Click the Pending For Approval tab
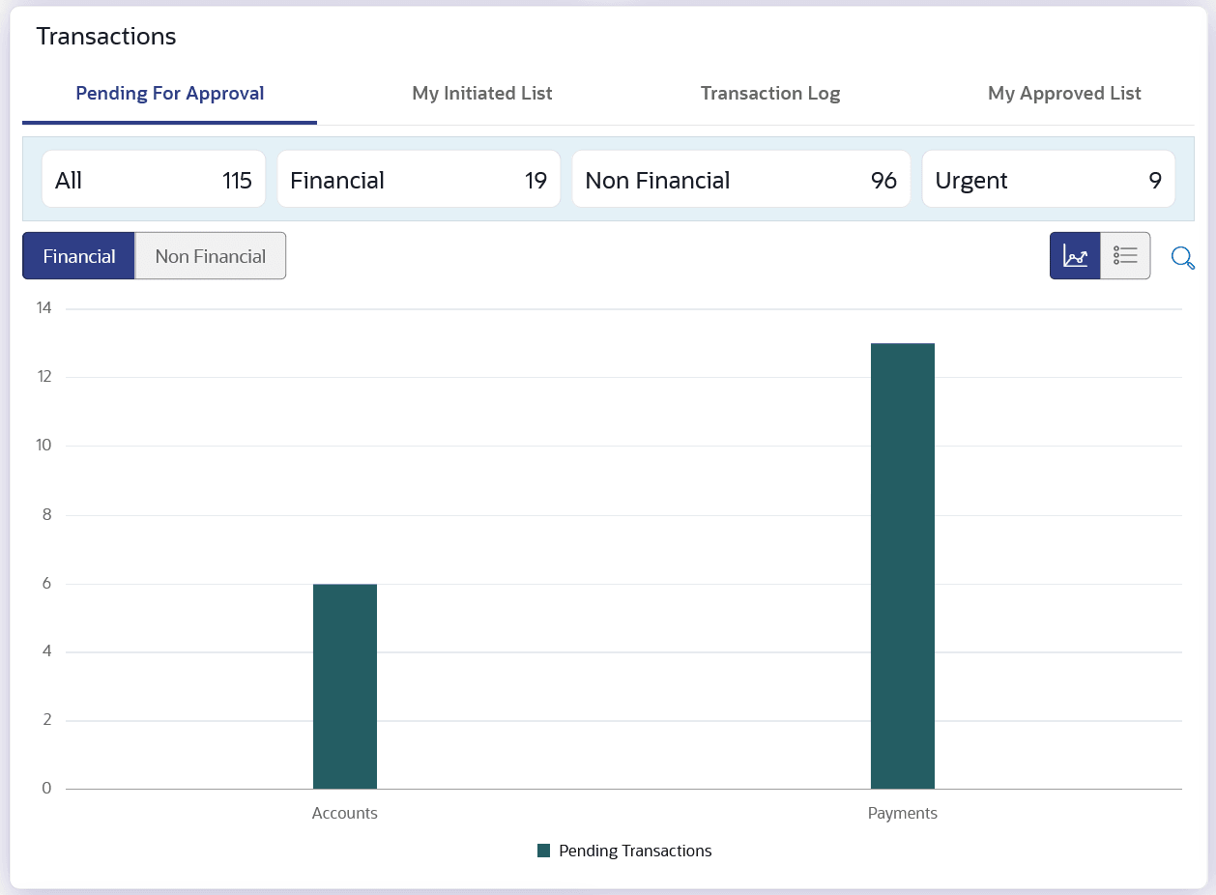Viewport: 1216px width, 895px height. coord(170,94)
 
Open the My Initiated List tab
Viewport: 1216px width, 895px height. coord(482,94)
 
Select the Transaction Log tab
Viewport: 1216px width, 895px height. coord(770,94)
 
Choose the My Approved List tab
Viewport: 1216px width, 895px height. coord(1064,94)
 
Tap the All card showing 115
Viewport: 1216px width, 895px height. coord(153,180)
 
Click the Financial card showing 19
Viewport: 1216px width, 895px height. coord(419,180)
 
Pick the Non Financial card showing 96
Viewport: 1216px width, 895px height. coord(740,180)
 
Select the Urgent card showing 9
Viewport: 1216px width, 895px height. coord(1048,180)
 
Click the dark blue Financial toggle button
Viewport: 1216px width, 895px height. coord(79,256)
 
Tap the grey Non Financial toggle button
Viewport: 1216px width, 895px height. coord(210,256)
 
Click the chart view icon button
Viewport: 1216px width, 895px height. coord(1075,256)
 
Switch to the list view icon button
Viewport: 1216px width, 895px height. coord(1125,256)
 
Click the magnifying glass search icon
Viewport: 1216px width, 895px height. coord(1182,257)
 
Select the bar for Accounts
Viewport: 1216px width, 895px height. coord(345,686)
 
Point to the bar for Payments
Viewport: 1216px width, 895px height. coord(903,566)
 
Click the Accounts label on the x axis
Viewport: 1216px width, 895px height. coord(345,813)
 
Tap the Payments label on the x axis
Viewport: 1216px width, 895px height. coord(903,813)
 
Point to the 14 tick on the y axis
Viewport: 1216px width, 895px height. coord(43,308)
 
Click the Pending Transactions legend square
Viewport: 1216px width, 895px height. coord(543,851)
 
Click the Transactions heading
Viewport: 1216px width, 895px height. coord(106,37)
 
